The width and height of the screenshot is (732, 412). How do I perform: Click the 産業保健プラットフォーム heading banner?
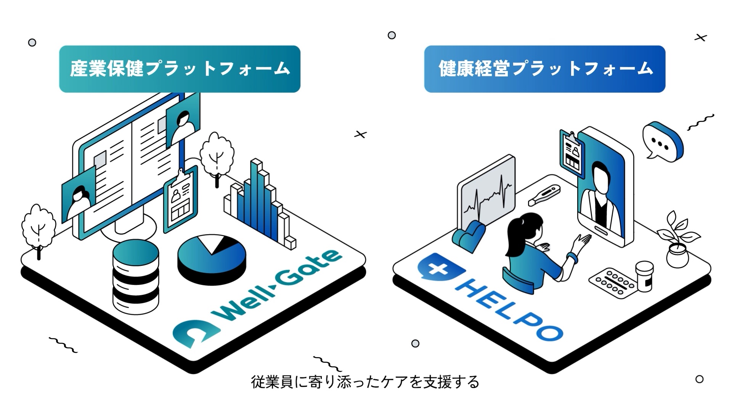(x=180, y=69)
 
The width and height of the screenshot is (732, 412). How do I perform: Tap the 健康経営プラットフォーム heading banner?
(x=544, y=69)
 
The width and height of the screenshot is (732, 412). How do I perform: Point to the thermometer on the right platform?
(x=544, y=195)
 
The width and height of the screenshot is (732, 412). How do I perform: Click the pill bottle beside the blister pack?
(x=644, y=275)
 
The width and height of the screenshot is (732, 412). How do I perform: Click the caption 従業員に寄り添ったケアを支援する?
(x=365, y=382)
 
